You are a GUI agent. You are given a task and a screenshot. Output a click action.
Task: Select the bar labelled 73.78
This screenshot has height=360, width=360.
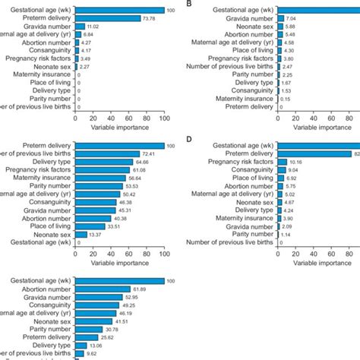coord(109,17)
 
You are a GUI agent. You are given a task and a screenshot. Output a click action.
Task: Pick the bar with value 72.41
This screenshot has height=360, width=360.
coord(108,154)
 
